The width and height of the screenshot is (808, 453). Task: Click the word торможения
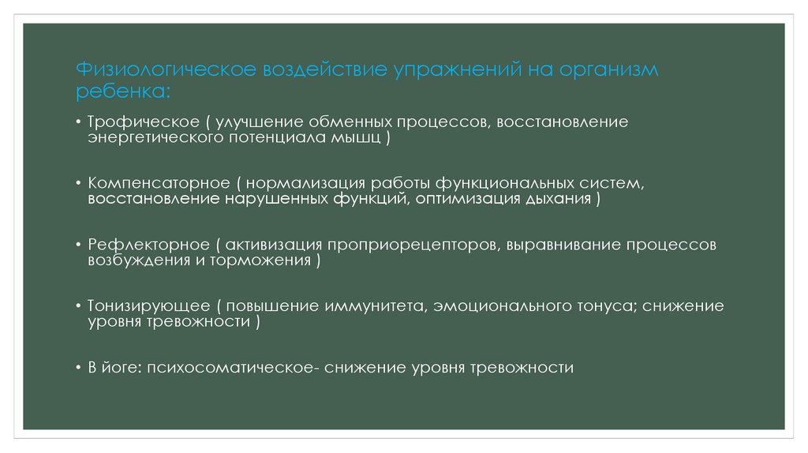tap(260, 260)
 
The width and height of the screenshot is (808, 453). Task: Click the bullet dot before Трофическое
tap(79, 123)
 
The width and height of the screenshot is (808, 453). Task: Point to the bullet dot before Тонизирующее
tap(79, 306)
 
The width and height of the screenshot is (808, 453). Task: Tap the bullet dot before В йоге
tap(79, 368)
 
